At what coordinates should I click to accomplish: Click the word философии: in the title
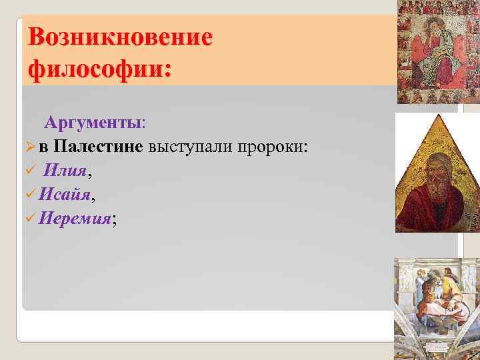coord(99,68)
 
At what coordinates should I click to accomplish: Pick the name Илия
coord(64,171)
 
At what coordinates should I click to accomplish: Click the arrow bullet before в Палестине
coord(29,147)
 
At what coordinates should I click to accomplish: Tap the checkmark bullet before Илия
coord(29,171)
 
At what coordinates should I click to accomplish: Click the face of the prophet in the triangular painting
coord(433,169)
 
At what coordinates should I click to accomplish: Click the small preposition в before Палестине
coord(43,147)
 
